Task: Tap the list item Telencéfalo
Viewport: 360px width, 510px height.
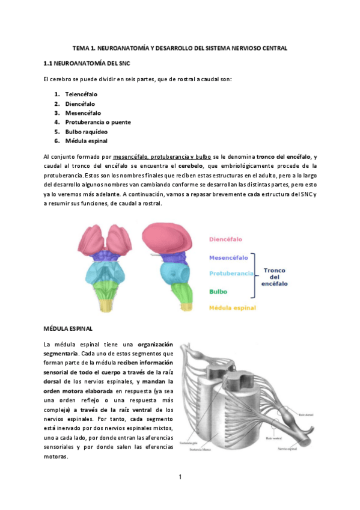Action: click(x=81, y=94)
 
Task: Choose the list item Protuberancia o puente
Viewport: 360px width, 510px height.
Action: click(x=98, y=122)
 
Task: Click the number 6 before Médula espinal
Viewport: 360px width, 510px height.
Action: click(x=56, y=141)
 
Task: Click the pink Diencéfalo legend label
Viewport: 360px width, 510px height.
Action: click(x=229, y=239)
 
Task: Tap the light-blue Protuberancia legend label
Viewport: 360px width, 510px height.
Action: click(x=231, y=274)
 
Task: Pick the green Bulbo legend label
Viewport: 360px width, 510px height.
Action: click(x=218, y=292)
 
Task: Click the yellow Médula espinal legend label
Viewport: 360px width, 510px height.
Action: click(x=233, y=308)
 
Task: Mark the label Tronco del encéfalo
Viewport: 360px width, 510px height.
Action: click(x=275, y=277)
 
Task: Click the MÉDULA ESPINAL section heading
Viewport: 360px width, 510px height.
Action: click(x=68, y=329)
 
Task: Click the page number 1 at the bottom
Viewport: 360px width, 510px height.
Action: click(x=180, y=478)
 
